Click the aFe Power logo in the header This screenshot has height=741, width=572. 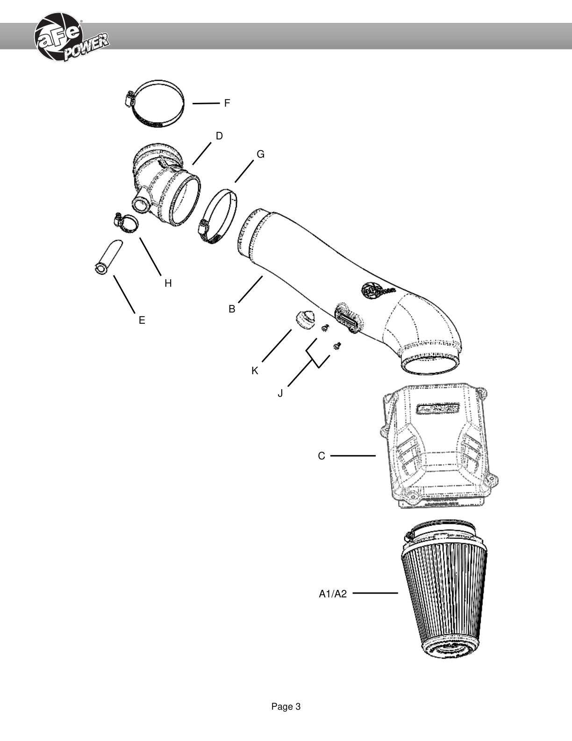tap(71, 37)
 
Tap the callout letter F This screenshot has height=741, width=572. tap(227, 103)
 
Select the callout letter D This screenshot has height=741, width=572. tap(219, 136)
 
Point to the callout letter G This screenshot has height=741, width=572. tap(260, 154)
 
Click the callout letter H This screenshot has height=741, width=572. tap(168, 283)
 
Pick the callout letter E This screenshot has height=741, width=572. tap(142, 320)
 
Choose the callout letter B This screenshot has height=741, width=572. tap(232, 309)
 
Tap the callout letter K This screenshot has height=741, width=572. tap(255, 370)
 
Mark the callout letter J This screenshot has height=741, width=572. tap(280, 393)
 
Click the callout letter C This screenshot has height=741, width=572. tap(321, 456)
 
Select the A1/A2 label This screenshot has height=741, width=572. tap(333, 594)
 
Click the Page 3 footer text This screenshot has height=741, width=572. tap(286, 706)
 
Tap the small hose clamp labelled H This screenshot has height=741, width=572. tap(126, 224)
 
